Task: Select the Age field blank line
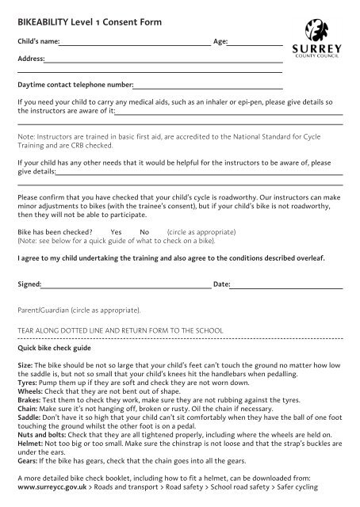256,43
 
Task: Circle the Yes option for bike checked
116,232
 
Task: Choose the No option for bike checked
144,232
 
